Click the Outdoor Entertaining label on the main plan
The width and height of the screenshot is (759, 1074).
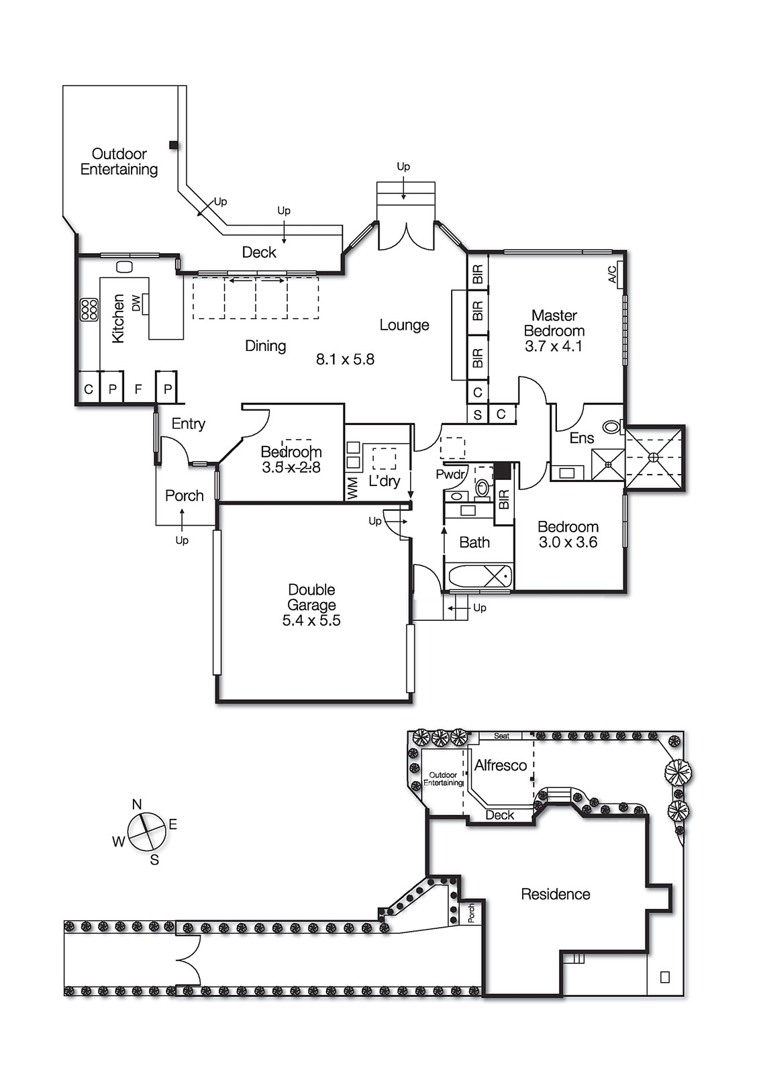(x=119, y=162)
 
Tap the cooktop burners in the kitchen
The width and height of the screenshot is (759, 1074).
(x=89, y=309)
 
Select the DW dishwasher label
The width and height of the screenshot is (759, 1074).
(x=137, y=303)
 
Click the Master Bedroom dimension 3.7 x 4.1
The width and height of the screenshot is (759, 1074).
(x=554, y=346)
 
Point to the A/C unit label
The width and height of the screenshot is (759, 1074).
(x=612, y=275)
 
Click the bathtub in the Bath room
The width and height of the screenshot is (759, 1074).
(x=478, y=577)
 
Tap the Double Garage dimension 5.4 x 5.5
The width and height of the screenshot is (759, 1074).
(x=311, y=620)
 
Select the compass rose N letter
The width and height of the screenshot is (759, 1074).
(x=137, y=804)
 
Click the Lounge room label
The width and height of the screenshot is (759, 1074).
(x=404, y=325)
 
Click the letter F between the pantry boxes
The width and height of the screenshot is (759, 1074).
(x=138, y=389)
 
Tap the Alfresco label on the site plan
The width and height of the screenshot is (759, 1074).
(x=500, y=765)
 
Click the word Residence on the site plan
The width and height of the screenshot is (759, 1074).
(x=556, y=894)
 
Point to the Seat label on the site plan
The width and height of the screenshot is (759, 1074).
(x=501, y=736)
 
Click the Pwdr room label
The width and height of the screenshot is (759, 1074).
(x=450, y=475)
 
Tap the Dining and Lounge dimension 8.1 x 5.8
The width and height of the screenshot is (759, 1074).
(x=345, y=359)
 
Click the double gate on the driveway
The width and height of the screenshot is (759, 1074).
(x=189, y=960)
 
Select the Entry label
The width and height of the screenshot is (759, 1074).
(x=188, y=424)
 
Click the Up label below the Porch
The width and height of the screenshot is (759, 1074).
(x=182, y=540)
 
